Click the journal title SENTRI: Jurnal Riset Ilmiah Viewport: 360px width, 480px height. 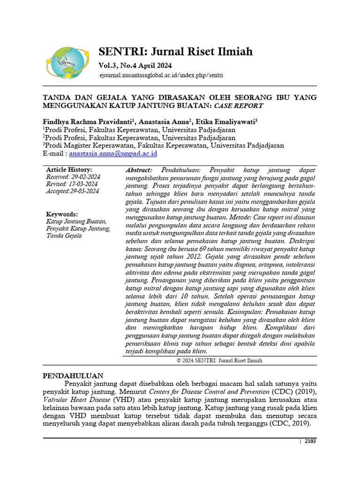click(x=175, y=51)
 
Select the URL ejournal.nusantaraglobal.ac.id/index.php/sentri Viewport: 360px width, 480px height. click(x=161, y=75)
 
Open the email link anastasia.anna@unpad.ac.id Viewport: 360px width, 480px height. click(x=113, y=153)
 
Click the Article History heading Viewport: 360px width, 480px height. click(x=69, y=170)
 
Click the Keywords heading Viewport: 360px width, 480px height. click(x=62, y=214)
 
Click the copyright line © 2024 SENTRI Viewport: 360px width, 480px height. click(x=219, y=360)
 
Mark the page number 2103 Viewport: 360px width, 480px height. click(x=310, y=442)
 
